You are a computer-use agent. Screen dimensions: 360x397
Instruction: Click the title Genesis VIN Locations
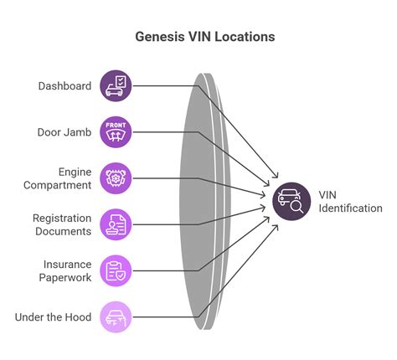[x=205, y=38]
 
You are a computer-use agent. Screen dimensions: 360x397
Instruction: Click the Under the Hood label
[x=54, y=317]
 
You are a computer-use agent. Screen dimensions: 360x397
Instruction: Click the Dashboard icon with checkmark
[x=116, y=85]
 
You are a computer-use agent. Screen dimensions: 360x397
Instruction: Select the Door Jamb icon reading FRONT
[x=116, y=131]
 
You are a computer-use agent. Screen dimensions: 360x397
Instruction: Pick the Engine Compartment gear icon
[x=116, y=177]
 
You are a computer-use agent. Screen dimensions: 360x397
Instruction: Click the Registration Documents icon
[x=116, y=224]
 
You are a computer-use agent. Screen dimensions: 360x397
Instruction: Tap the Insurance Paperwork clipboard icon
[x=116, y=270]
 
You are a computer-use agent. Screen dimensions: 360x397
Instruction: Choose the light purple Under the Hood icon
[x=116, y=317]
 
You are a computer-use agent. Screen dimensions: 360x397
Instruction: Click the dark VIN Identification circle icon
[x=289, y=201]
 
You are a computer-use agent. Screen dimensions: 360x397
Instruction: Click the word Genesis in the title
[x=161, y=38]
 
